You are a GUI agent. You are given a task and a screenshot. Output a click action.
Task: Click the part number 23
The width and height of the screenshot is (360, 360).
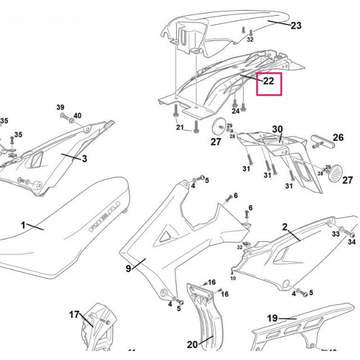296,25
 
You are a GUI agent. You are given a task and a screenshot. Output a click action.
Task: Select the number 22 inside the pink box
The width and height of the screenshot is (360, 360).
268,81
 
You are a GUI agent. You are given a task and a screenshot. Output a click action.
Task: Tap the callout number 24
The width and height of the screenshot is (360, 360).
235,111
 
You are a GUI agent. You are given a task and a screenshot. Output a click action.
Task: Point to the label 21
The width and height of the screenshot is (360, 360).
179,128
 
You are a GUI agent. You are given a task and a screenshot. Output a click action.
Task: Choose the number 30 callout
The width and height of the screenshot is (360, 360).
277,129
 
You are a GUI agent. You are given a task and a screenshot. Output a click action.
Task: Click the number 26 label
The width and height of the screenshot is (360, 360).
338,137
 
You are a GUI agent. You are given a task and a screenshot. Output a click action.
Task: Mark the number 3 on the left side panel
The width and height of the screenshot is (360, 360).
84,159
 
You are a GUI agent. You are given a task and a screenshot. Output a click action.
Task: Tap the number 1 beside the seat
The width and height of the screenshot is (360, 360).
24,225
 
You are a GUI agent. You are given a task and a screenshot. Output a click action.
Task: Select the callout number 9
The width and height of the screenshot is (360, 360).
128,269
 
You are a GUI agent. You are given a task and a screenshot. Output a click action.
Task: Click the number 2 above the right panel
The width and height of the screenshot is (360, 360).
285,227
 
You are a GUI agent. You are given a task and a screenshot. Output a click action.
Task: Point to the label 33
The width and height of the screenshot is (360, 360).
335,233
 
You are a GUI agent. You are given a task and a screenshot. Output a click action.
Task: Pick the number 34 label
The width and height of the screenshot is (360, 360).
352,242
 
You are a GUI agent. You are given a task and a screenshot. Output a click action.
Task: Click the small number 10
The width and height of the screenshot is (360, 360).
233,278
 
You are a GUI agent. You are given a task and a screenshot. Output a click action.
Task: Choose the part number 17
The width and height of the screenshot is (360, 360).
74,314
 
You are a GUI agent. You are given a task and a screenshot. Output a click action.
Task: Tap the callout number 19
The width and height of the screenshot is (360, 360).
272,318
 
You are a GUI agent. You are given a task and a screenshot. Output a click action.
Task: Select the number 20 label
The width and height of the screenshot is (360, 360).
192,345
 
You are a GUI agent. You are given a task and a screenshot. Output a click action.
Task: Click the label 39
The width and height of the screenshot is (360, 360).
60,107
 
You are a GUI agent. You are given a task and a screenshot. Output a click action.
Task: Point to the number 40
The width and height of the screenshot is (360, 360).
77,116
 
